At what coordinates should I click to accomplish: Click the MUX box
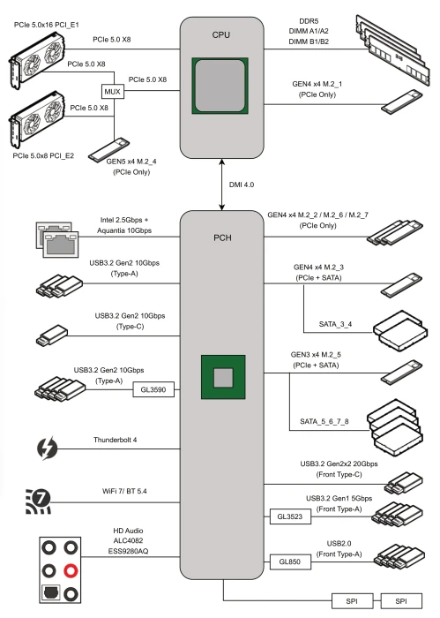tap(112, 92)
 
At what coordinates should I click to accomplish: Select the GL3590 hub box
tap(153, 389)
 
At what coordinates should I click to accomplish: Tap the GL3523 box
tap(290, 516)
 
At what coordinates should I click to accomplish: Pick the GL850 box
tap(290, 561)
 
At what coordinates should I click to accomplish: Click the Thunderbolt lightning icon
tap(48, 448)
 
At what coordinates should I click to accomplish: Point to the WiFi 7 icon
tap(38, 501)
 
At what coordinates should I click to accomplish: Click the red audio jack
tap(71, 570)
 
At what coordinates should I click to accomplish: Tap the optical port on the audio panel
tap(51, 592)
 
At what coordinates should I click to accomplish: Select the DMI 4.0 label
tap(242, 185)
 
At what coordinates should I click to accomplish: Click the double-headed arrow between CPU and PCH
tap(222, 185)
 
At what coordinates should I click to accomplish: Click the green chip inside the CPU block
tap(220, 86)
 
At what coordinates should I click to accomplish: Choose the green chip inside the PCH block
tap(223, 377)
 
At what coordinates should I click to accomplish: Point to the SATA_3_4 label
tap(335, 324)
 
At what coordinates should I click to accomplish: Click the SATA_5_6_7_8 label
tap(324, 421)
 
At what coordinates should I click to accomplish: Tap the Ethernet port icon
tap(57, 239)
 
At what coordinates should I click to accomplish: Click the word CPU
tap(221, 34)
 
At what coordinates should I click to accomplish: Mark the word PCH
tap(222, 237)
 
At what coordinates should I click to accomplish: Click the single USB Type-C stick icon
tap(51, 335)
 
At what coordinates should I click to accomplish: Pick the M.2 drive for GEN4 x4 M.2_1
tap(401, 102)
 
